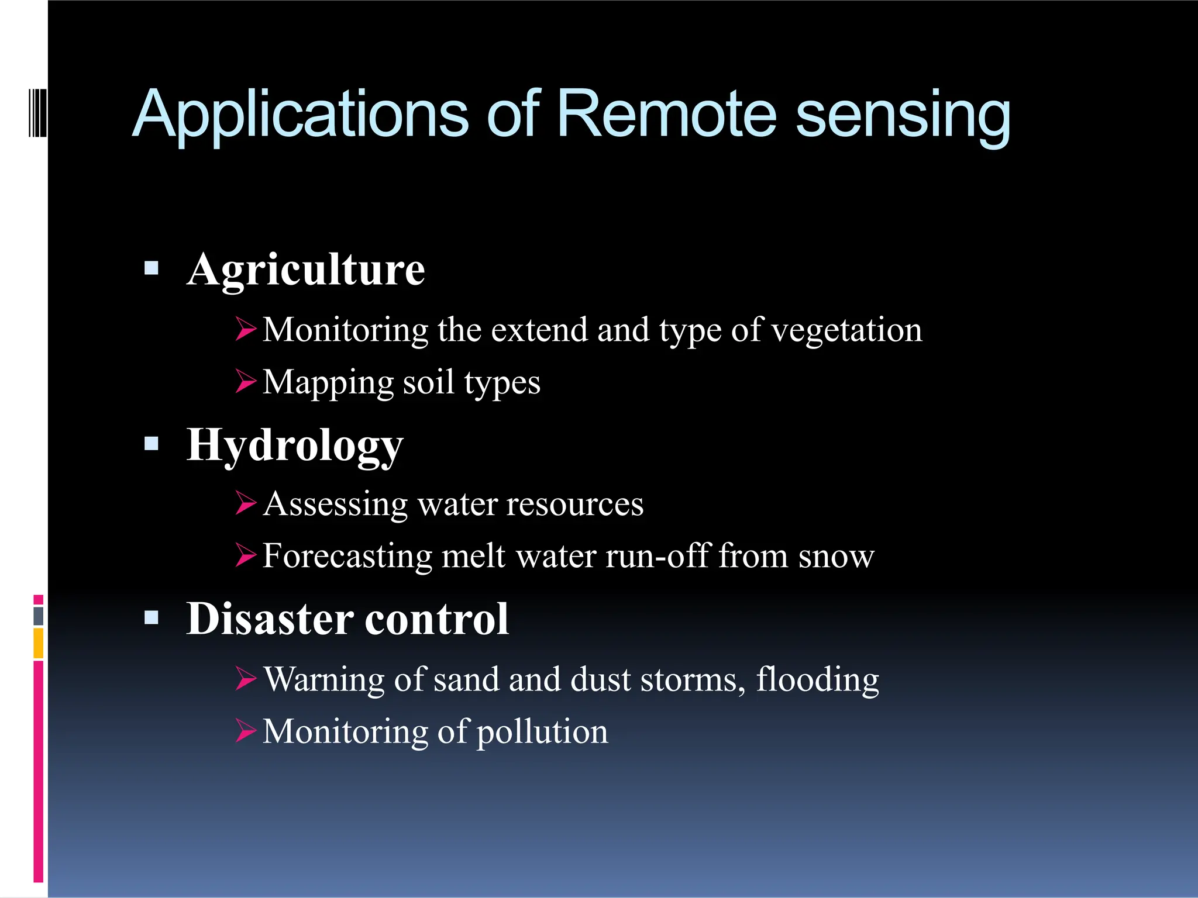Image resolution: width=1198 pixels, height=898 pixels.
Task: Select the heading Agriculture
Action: pos(306,271)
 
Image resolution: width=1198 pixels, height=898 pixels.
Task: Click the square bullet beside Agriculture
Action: pos(152,268)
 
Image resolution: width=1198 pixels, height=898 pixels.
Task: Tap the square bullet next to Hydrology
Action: pos(152,444)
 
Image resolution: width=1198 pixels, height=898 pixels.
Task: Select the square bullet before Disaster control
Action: pos(152,618)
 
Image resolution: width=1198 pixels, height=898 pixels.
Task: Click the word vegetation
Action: pos(846,331)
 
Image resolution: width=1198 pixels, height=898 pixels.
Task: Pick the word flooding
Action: pos(817,681)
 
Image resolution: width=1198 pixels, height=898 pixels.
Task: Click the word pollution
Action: pos(542,733)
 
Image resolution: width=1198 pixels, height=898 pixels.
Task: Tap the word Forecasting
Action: pos(347,557)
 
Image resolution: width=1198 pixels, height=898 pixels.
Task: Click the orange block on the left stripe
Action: pos(39,643)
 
